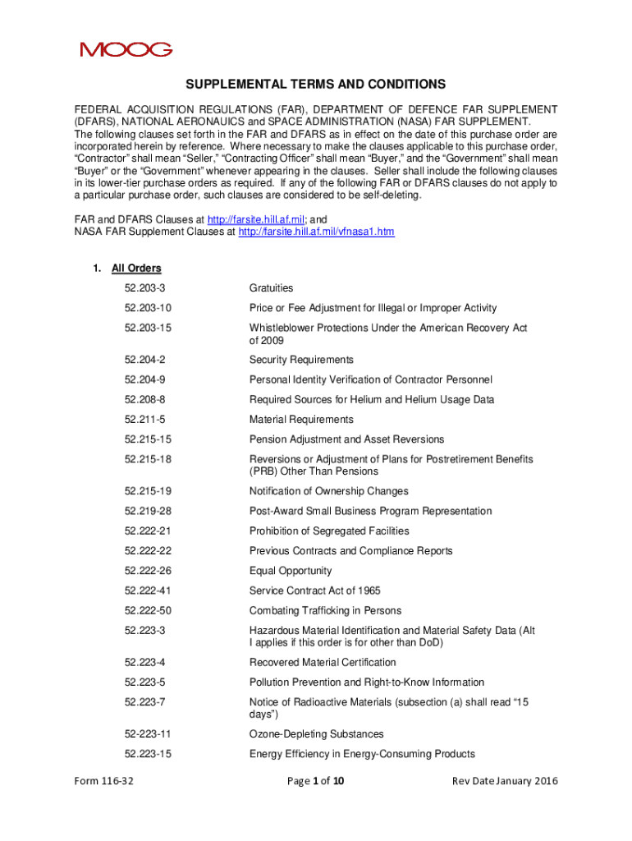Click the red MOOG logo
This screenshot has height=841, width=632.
126,49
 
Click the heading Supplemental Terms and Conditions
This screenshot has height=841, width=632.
315,85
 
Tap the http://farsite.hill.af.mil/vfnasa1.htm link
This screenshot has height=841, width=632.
316,232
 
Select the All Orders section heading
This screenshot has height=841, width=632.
136,269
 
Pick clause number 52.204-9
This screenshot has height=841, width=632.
145,379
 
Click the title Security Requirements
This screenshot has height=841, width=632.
301,360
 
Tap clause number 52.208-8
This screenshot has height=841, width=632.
145,399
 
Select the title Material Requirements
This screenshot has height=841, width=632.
301,420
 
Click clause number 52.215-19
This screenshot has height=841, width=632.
148,491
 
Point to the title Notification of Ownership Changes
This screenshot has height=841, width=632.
328,491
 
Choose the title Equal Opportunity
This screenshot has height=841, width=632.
291,571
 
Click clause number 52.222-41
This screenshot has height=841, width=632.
148,591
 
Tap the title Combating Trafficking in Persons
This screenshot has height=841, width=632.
325,610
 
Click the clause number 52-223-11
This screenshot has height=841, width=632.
148,734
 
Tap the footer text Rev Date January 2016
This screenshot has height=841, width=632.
505,781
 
